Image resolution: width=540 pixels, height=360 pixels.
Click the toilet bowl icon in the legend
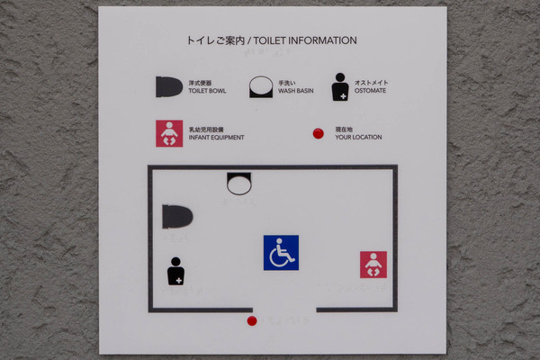(x=169, y=86)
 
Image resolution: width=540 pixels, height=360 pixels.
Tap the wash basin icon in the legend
(x=261, y=86)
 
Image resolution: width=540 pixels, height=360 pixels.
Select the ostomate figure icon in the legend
(x=340, y=86)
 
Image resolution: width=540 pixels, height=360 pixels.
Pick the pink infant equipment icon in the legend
(x=169, y=134)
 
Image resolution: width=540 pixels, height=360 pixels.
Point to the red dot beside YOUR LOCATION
(x=319, y=134)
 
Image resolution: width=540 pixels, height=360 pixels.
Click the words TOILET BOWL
(x=207, y=91)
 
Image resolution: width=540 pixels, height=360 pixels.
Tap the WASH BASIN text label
(x=296, y=91)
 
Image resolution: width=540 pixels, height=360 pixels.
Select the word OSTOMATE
(x=370, y=91)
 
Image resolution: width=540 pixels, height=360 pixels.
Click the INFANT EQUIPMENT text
(x=216, y=138)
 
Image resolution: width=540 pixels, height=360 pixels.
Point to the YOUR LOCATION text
(x=358, y=137)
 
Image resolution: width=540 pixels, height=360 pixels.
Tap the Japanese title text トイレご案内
(x=216, y=40)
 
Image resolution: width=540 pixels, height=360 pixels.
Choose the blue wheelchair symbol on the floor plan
(x=281, y=253)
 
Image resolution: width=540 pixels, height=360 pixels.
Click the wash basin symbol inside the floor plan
(x=239, y=184)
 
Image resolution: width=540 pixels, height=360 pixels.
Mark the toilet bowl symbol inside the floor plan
(x=177, y=217)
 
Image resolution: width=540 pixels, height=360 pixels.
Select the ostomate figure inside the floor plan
(x=175, y=271)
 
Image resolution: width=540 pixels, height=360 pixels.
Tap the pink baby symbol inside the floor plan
(x=373, y=265)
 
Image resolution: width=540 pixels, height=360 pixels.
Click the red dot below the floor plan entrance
(x=252, y=321)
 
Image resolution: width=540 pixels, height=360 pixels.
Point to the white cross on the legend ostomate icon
(x=343, y=96)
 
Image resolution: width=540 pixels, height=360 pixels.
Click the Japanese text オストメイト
(x=371, y=83)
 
